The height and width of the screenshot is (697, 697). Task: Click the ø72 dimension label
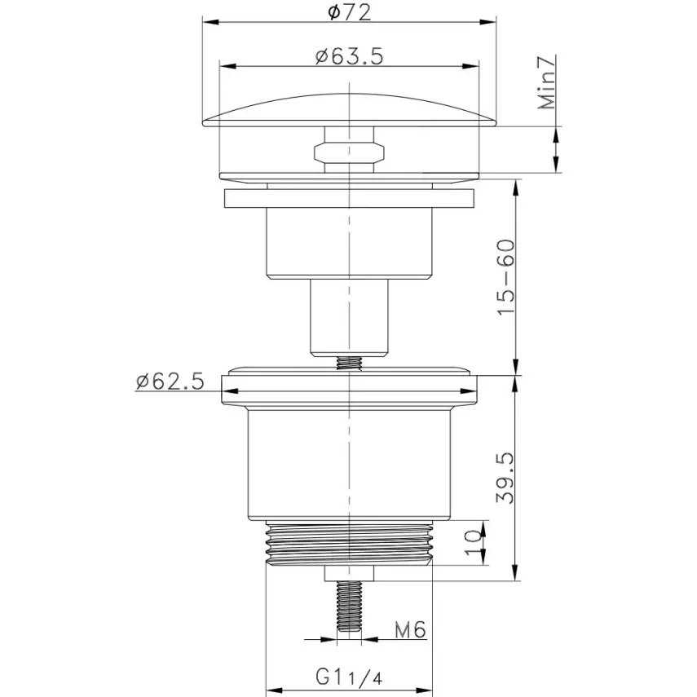(x=350, y=11)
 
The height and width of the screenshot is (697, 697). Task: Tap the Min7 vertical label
(x=547, y=82)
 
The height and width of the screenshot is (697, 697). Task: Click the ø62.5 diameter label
(x=170, y=381)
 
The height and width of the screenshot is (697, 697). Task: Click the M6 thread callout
(x=411, y=630)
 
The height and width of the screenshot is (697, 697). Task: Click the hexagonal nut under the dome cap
(x=349, y=151)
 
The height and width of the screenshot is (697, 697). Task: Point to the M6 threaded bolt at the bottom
(x=349, y=607)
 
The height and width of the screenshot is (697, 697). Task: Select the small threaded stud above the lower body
(x=349, y=363)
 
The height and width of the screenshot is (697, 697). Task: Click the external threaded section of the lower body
(x=349, y=542)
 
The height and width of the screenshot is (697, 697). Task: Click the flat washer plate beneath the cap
(x=349, y=199)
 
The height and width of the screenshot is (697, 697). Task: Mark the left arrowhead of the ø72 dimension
(x=207, y=23)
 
